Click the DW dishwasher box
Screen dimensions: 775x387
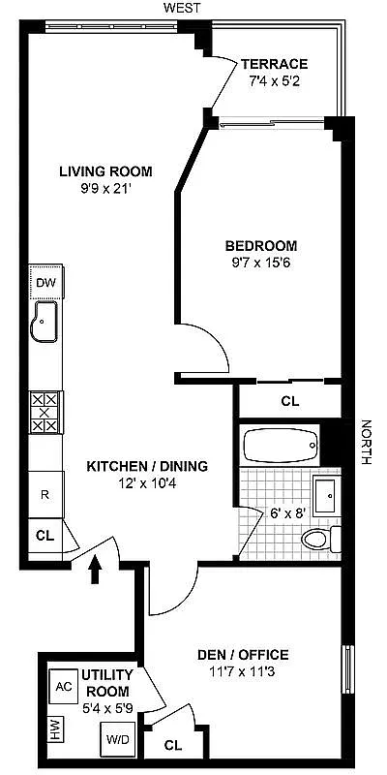pos(45,283)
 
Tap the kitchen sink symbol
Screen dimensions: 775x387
pos(45,323)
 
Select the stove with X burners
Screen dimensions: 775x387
pos(45,412)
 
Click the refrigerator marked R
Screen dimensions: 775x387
pos(45,493)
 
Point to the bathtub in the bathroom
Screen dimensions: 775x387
pos(280,448)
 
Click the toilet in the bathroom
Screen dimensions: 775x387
pos(319,540)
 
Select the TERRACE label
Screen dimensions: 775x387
pos(274,64)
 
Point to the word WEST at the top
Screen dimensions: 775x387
pos(182,8)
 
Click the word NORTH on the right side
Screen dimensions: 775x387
pos(366,442)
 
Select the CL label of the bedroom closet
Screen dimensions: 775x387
pos(289,400)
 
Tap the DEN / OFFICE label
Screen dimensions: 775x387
pos(243,654)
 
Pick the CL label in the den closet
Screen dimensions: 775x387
pos(173,745)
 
